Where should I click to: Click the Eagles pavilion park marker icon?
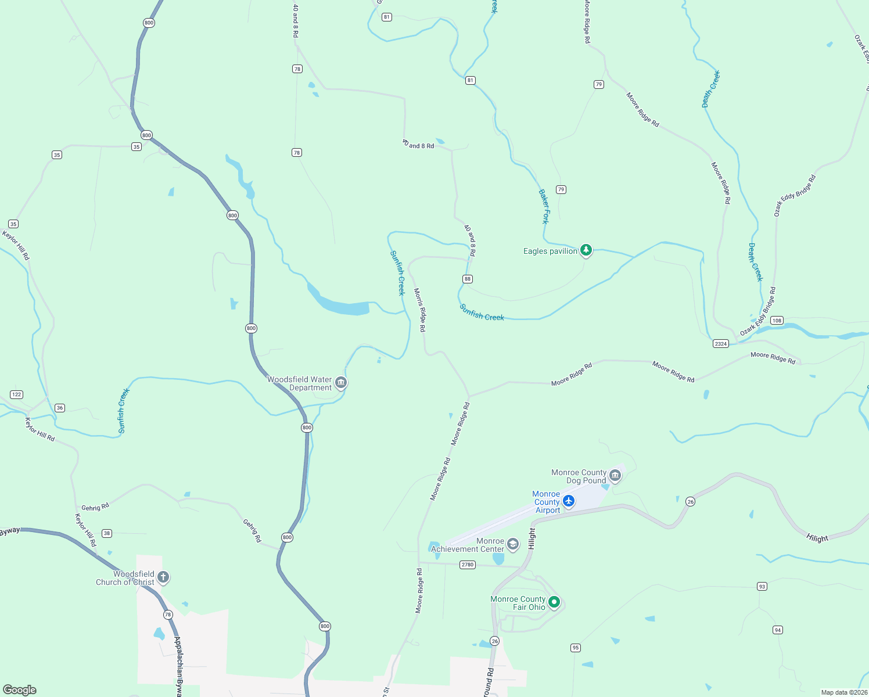tap(586, 250)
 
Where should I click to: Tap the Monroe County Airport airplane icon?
tap(569, 501)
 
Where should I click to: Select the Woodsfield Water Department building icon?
tap(341, 382)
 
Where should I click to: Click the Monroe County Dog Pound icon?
tap(615, 476)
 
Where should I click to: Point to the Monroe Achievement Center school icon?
tap(512, 544)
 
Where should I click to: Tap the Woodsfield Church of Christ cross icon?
tap(163, 577)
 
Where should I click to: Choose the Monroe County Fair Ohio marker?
tap(554, 602)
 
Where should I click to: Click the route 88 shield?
tap(468, 279)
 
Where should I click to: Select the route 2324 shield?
tap(720, 344)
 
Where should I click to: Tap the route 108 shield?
tap(777, 321)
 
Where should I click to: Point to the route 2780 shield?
tap(467, 565)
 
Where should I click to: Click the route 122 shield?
tap(16, 395)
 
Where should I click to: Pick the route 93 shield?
tap(762, 587)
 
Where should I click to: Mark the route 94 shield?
tap(778, 630)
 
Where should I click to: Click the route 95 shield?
tap(575, 648)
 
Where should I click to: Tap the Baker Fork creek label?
tap(544, 206)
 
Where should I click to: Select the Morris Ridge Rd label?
tap(419, 310)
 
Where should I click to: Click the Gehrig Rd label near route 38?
tap(95, 507)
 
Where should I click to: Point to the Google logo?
tap(20, 690)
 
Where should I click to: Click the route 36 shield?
tap(60, 408)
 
